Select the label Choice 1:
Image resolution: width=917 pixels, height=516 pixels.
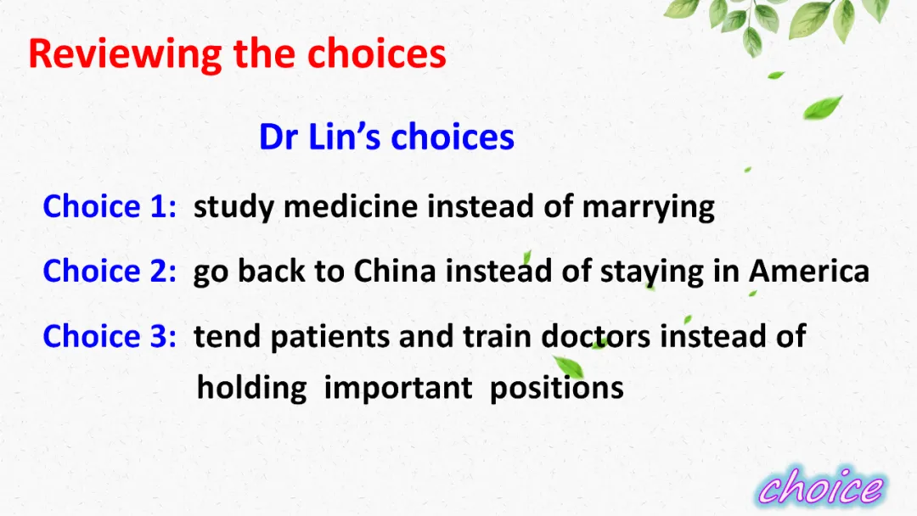pyautogui.click(x=110, y=206)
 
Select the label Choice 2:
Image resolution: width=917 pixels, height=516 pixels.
pyautogui.click(x=110, y=271)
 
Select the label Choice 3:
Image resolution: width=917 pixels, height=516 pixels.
pyautogui.click(x=110, y=336)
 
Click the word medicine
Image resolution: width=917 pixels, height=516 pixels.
pyautogui.click(x=351, y=206)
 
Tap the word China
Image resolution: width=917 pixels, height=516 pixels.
pyautogui.click(x=396, y=271)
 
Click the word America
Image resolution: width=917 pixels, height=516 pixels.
pyautogui.click(x=809, y=271)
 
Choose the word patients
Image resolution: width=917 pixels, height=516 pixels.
pyautogui.click(x=329, y=338)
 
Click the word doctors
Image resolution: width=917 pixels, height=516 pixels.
pyautogui.click(x=595, y=336)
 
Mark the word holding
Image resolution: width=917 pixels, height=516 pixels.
pyautogui.click(x=251, y=389)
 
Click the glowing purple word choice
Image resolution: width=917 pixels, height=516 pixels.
pyautogui.click(x=821, y=486)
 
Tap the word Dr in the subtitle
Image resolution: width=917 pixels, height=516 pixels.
pyautogui.click(x=278, y=137)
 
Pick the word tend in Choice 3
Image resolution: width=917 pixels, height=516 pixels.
pyautogui.click(x=227, y=336)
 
